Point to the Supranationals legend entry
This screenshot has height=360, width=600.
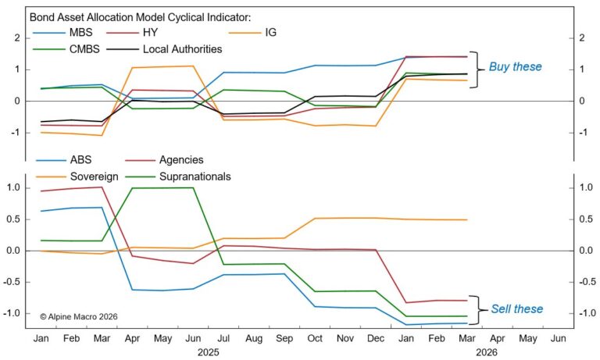point(195,176)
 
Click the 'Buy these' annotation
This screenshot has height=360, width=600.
point(515,67)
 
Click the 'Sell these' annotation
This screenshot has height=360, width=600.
point(516,309)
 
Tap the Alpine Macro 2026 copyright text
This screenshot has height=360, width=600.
point(78,317)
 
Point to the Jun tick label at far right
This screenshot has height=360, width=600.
point(558,340)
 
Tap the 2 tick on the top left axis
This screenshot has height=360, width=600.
point(16,37)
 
